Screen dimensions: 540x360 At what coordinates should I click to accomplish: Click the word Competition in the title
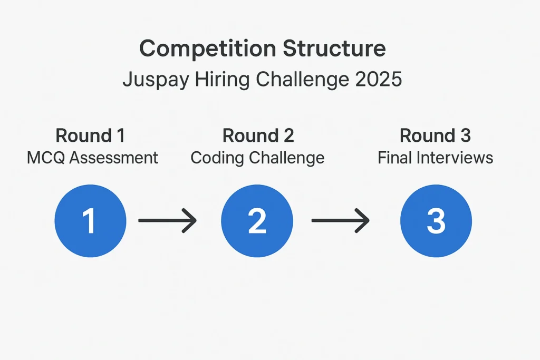click(208, 49)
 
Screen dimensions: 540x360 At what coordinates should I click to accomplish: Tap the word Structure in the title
click(334, 48)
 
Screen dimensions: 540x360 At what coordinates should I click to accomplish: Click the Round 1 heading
click(90, 135)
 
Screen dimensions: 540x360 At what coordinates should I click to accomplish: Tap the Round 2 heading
click(258, 135)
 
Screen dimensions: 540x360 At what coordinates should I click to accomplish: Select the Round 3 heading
click(435, 135)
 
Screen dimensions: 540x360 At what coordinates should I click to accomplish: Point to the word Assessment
click(114, 158)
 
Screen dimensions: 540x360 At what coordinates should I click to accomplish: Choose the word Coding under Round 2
click(218, 158)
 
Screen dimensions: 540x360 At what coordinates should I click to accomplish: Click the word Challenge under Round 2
click(287, 158)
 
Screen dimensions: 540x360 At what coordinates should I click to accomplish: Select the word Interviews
click(455, 158)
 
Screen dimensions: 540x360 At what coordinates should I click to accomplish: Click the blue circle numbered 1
click(90, 221)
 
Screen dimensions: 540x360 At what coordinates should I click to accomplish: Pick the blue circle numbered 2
click(257, 221)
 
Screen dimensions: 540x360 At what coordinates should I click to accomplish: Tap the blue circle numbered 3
click(436, 221)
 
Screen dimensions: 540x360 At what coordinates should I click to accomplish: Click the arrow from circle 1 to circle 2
click(167, 220)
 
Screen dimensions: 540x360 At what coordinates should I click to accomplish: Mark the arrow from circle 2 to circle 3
click(341, 220)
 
